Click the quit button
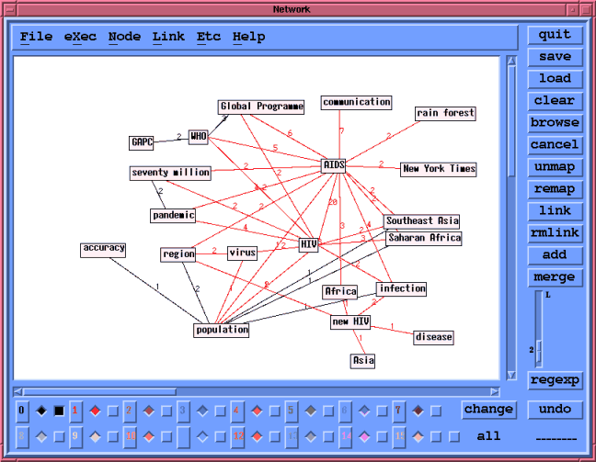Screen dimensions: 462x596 tap(555, 35)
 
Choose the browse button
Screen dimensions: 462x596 tap(555, 123)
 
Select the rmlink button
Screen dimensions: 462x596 tap(555, 233)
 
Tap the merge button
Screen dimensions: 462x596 tap(555, 277)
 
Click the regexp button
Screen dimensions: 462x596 tap(555, 380)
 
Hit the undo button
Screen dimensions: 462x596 tap(555, 410)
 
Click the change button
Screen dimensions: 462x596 tap(488, 410)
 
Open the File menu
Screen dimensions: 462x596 tap(36, 37)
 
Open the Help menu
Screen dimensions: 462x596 tap(248, 37)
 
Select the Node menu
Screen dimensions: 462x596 tap(124, 37)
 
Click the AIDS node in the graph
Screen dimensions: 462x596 tap(334, 165)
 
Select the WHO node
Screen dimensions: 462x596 tap(199, 137)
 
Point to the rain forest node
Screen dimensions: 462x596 tap(445, 114)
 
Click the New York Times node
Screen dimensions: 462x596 tap(439, 169)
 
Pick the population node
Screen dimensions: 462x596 tap(222, 330)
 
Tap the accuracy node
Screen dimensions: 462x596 tap(103, 249)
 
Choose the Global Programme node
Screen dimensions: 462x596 tap(261, 107)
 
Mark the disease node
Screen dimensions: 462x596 tap(433, 337)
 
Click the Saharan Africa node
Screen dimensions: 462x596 tap(424, 238)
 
